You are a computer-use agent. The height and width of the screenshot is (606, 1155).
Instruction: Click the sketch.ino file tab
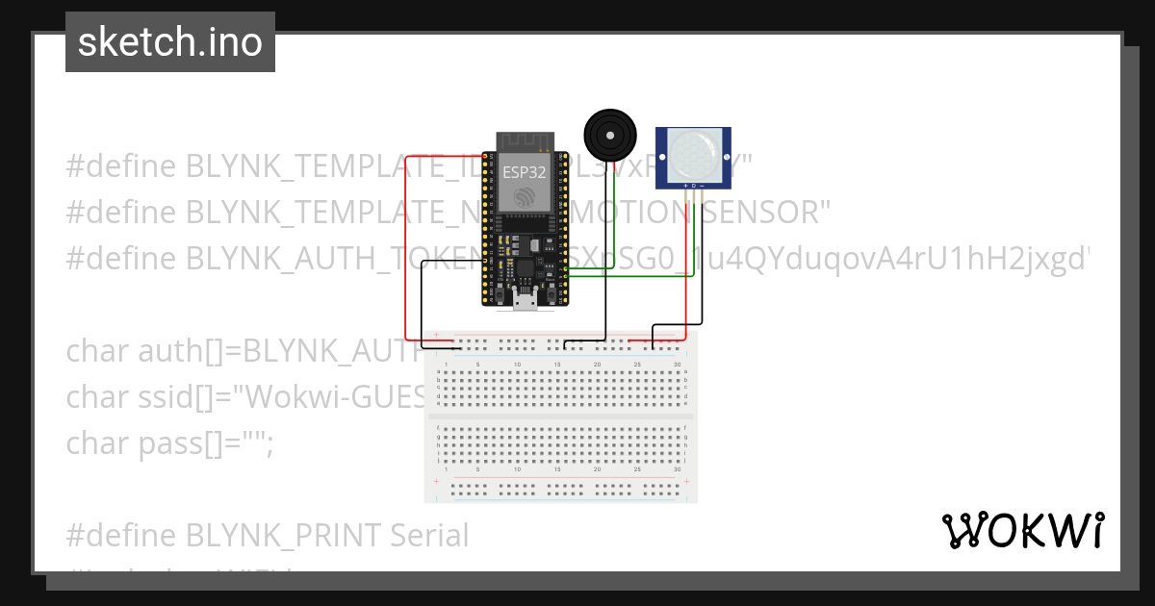coord(170,42)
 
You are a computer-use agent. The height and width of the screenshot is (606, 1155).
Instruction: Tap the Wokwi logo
coord(1022,531)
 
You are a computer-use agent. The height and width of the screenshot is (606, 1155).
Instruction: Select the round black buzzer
coord(611,136)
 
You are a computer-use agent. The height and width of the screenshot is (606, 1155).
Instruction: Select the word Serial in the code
coord(429,535)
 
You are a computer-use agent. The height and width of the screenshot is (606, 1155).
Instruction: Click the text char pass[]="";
coord(170,443)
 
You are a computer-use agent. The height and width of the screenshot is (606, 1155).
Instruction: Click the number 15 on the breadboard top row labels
coord(557,365)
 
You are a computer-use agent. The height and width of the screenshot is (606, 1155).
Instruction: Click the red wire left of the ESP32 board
coord(405,240)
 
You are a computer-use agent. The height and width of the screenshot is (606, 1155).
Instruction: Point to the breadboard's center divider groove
coord(560,416)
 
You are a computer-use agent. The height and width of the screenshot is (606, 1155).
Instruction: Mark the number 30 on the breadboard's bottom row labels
coord(678,470)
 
